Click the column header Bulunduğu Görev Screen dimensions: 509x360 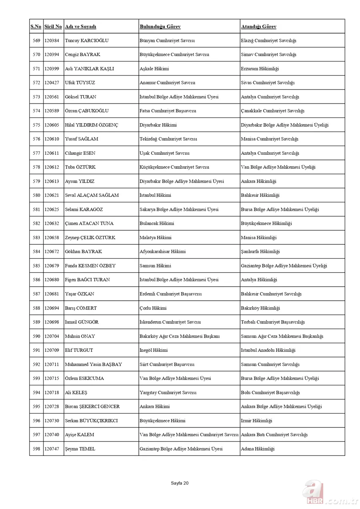point(160,27)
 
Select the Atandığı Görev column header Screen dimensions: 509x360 point(258,27)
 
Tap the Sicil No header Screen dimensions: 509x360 point(53,27)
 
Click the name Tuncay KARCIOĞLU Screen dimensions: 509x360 point(86,41)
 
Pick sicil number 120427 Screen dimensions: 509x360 point(52,83)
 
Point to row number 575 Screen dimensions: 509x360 point(36,125)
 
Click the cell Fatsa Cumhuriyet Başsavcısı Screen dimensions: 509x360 point(168,111)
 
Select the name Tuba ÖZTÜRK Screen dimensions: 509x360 point(80,167)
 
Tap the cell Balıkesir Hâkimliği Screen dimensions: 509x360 point(260,195)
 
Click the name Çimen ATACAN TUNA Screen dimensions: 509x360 point(89,224)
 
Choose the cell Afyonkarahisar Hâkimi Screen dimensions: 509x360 point(162,252)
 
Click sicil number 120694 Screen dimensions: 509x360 point(52,308)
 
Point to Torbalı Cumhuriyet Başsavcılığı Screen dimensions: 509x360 point(272,322)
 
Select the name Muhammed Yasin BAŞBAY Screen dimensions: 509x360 point(93,364)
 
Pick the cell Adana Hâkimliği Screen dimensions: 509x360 point(258,449)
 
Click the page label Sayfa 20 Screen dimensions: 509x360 point(180,483)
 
